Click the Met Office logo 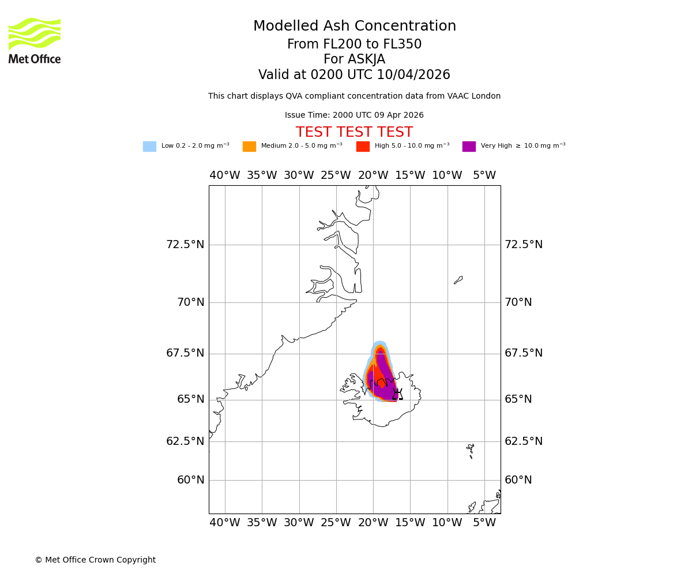35,40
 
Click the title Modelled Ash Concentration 354,27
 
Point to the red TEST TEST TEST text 354,132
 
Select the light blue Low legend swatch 149,147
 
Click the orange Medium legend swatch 249,147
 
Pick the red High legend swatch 363,147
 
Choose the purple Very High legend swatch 469,147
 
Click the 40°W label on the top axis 224,175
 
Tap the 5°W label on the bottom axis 484,523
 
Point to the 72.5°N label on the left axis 185,245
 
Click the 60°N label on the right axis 518,480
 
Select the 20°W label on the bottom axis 373,523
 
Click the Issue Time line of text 354,115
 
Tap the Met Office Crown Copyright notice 95,560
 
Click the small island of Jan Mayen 458,280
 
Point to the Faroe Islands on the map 471,449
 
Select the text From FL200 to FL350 354,44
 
